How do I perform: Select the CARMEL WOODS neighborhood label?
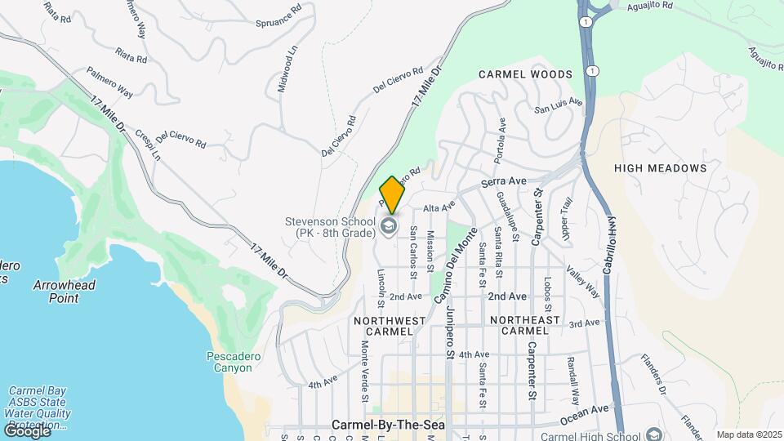point(525,74)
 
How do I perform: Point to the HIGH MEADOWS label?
point(660,168)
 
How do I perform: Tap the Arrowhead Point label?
point(65,292)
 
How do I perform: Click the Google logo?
point(27,430)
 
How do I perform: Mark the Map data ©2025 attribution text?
point(749,434)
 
